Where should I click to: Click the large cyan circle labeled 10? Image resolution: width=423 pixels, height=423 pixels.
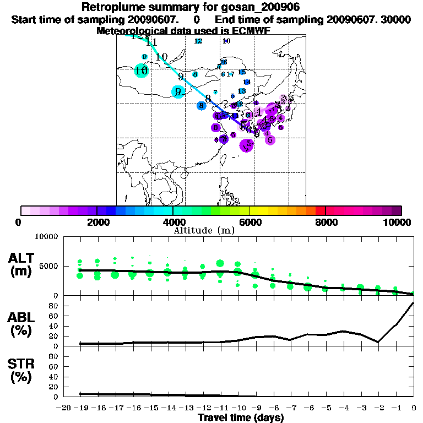(142, 70)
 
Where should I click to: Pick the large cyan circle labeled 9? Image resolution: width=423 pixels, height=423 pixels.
(178, 91)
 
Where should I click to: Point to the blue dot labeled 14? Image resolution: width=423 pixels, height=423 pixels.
(247, 82)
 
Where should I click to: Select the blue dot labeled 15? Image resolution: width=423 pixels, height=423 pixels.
(242, 72)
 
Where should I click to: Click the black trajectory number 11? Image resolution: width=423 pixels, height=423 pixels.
(151, 42)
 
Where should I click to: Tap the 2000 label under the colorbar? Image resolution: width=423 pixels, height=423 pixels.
(97, 222)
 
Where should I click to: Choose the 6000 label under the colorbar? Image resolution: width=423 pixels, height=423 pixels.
(250, 222)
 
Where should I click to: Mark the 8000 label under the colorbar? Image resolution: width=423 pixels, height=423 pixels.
(326, 222)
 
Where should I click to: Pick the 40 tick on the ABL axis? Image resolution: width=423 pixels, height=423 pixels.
(53, 326)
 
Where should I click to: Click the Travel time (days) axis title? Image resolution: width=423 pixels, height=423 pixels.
(241, 417)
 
